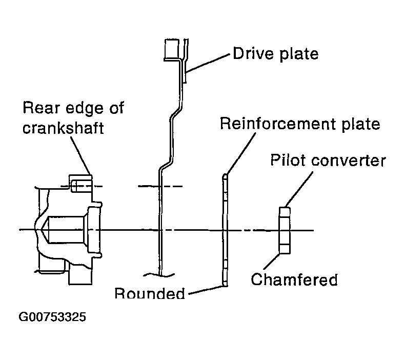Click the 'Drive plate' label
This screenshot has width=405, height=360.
pyautogui.click(x=276, y=54)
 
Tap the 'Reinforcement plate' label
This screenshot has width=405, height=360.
pyautogui.click(x=300, y=124)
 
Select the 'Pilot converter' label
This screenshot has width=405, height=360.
pyautogui.click(x=328, y=160)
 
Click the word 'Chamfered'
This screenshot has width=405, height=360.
pyautogui.click(x=294, y=279)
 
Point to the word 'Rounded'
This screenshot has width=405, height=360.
pyautogui.click(x=150, y=293)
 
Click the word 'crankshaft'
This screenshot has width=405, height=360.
pyautogui.click(x=63, y=128)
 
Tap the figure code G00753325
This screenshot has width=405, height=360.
pyautogui.click(x=52, y=316)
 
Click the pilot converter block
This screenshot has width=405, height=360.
pyautogui.click(x=285, y=230)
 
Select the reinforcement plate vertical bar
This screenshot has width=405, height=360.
pyautogui.click(x=225, y=230)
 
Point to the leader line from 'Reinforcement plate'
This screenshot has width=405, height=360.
pyautogui.click(x=241, y=153)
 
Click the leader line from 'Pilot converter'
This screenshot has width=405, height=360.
pyautogui.click(x=299, y=189)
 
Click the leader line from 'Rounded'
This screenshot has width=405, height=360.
pyautogui.click(x=206, y=290)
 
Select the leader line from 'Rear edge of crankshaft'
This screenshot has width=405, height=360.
pyautogui.click(x=81, y=155)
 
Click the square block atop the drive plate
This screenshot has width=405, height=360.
pyautogui.click(x=172, y=50)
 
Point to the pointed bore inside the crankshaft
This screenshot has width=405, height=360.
pyautogui.click(x=63, y=230)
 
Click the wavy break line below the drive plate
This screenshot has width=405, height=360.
pyautogui.click(x=159, y=275)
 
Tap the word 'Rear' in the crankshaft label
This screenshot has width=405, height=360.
pyautogui.click(x=41, y=108)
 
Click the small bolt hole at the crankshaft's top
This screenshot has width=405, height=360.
pyautogui.click(x=81, y=186)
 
